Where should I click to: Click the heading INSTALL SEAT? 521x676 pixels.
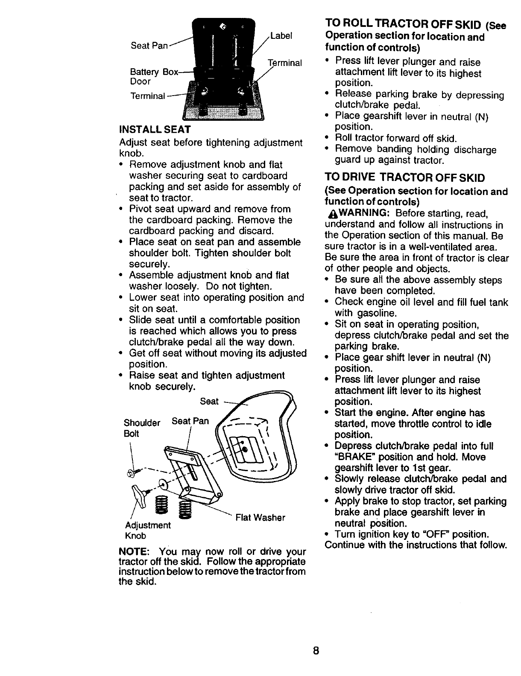tap(155, 129)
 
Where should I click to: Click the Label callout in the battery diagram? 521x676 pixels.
tap(281, 36)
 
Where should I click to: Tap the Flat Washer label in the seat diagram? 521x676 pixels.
tap(260, 518)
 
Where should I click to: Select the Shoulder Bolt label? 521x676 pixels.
tap(141, 428)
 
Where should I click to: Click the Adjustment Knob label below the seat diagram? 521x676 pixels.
tap(147, 530)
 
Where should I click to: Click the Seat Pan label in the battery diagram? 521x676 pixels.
tap(149, 46)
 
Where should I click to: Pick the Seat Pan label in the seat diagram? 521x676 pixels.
tap(190, 421)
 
